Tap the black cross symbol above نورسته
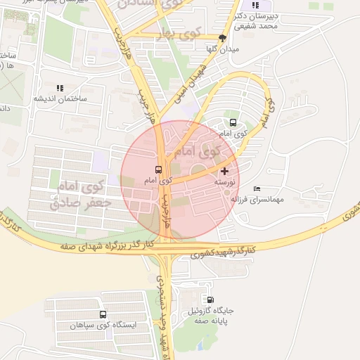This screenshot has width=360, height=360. (x=224, y=171)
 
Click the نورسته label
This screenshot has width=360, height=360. (x=224, y=181)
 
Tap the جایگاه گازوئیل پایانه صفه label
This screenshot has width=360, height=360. (x=211, y=314)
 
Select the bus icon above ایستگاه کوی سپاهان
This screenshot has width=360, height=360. (x=103, y=315)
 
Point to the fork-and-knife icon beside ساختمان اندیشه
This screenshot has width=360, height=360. (x=59, y=88)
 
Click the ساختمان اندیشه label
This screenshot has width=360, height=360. (x=60, y=98)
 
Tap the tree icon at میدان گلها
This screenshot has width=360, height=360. (x=222, y=39)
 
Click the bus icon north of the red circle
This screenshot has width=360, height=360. (x=233, y=122)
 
